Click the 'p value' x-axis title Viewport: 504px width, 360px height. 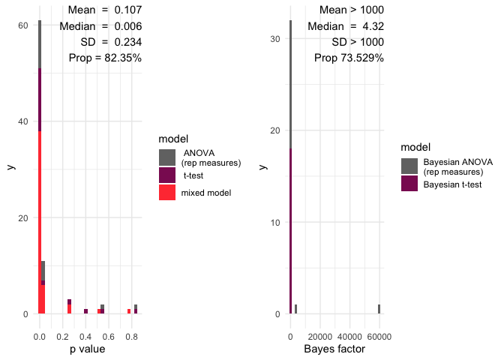[87, 349]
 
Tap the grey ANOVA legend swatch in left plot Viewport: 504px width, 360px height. [168, 157]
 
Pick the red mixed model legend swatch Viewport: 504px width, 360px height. [168, 192]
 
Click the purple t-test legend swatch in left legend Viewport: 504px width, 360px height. [168, 175]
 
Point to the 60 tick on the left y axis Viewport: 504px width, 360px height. [23, 25]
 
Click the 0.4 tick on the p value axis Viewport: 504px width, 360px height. [86, 327]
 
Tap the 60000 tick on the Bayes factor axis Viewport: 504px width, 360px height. [379, 327]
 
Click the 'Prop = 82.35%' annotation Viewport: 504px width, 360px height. [110, 58]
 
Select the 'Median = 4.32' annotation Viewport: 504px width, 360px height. [346, 26]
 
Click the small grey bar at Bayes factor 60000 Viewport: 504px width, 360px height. [379, 309]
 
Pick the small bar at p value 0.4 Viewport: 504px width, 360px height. [85, 311]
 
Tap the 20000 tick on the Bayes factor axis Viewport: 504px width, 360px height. [320, 327]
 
